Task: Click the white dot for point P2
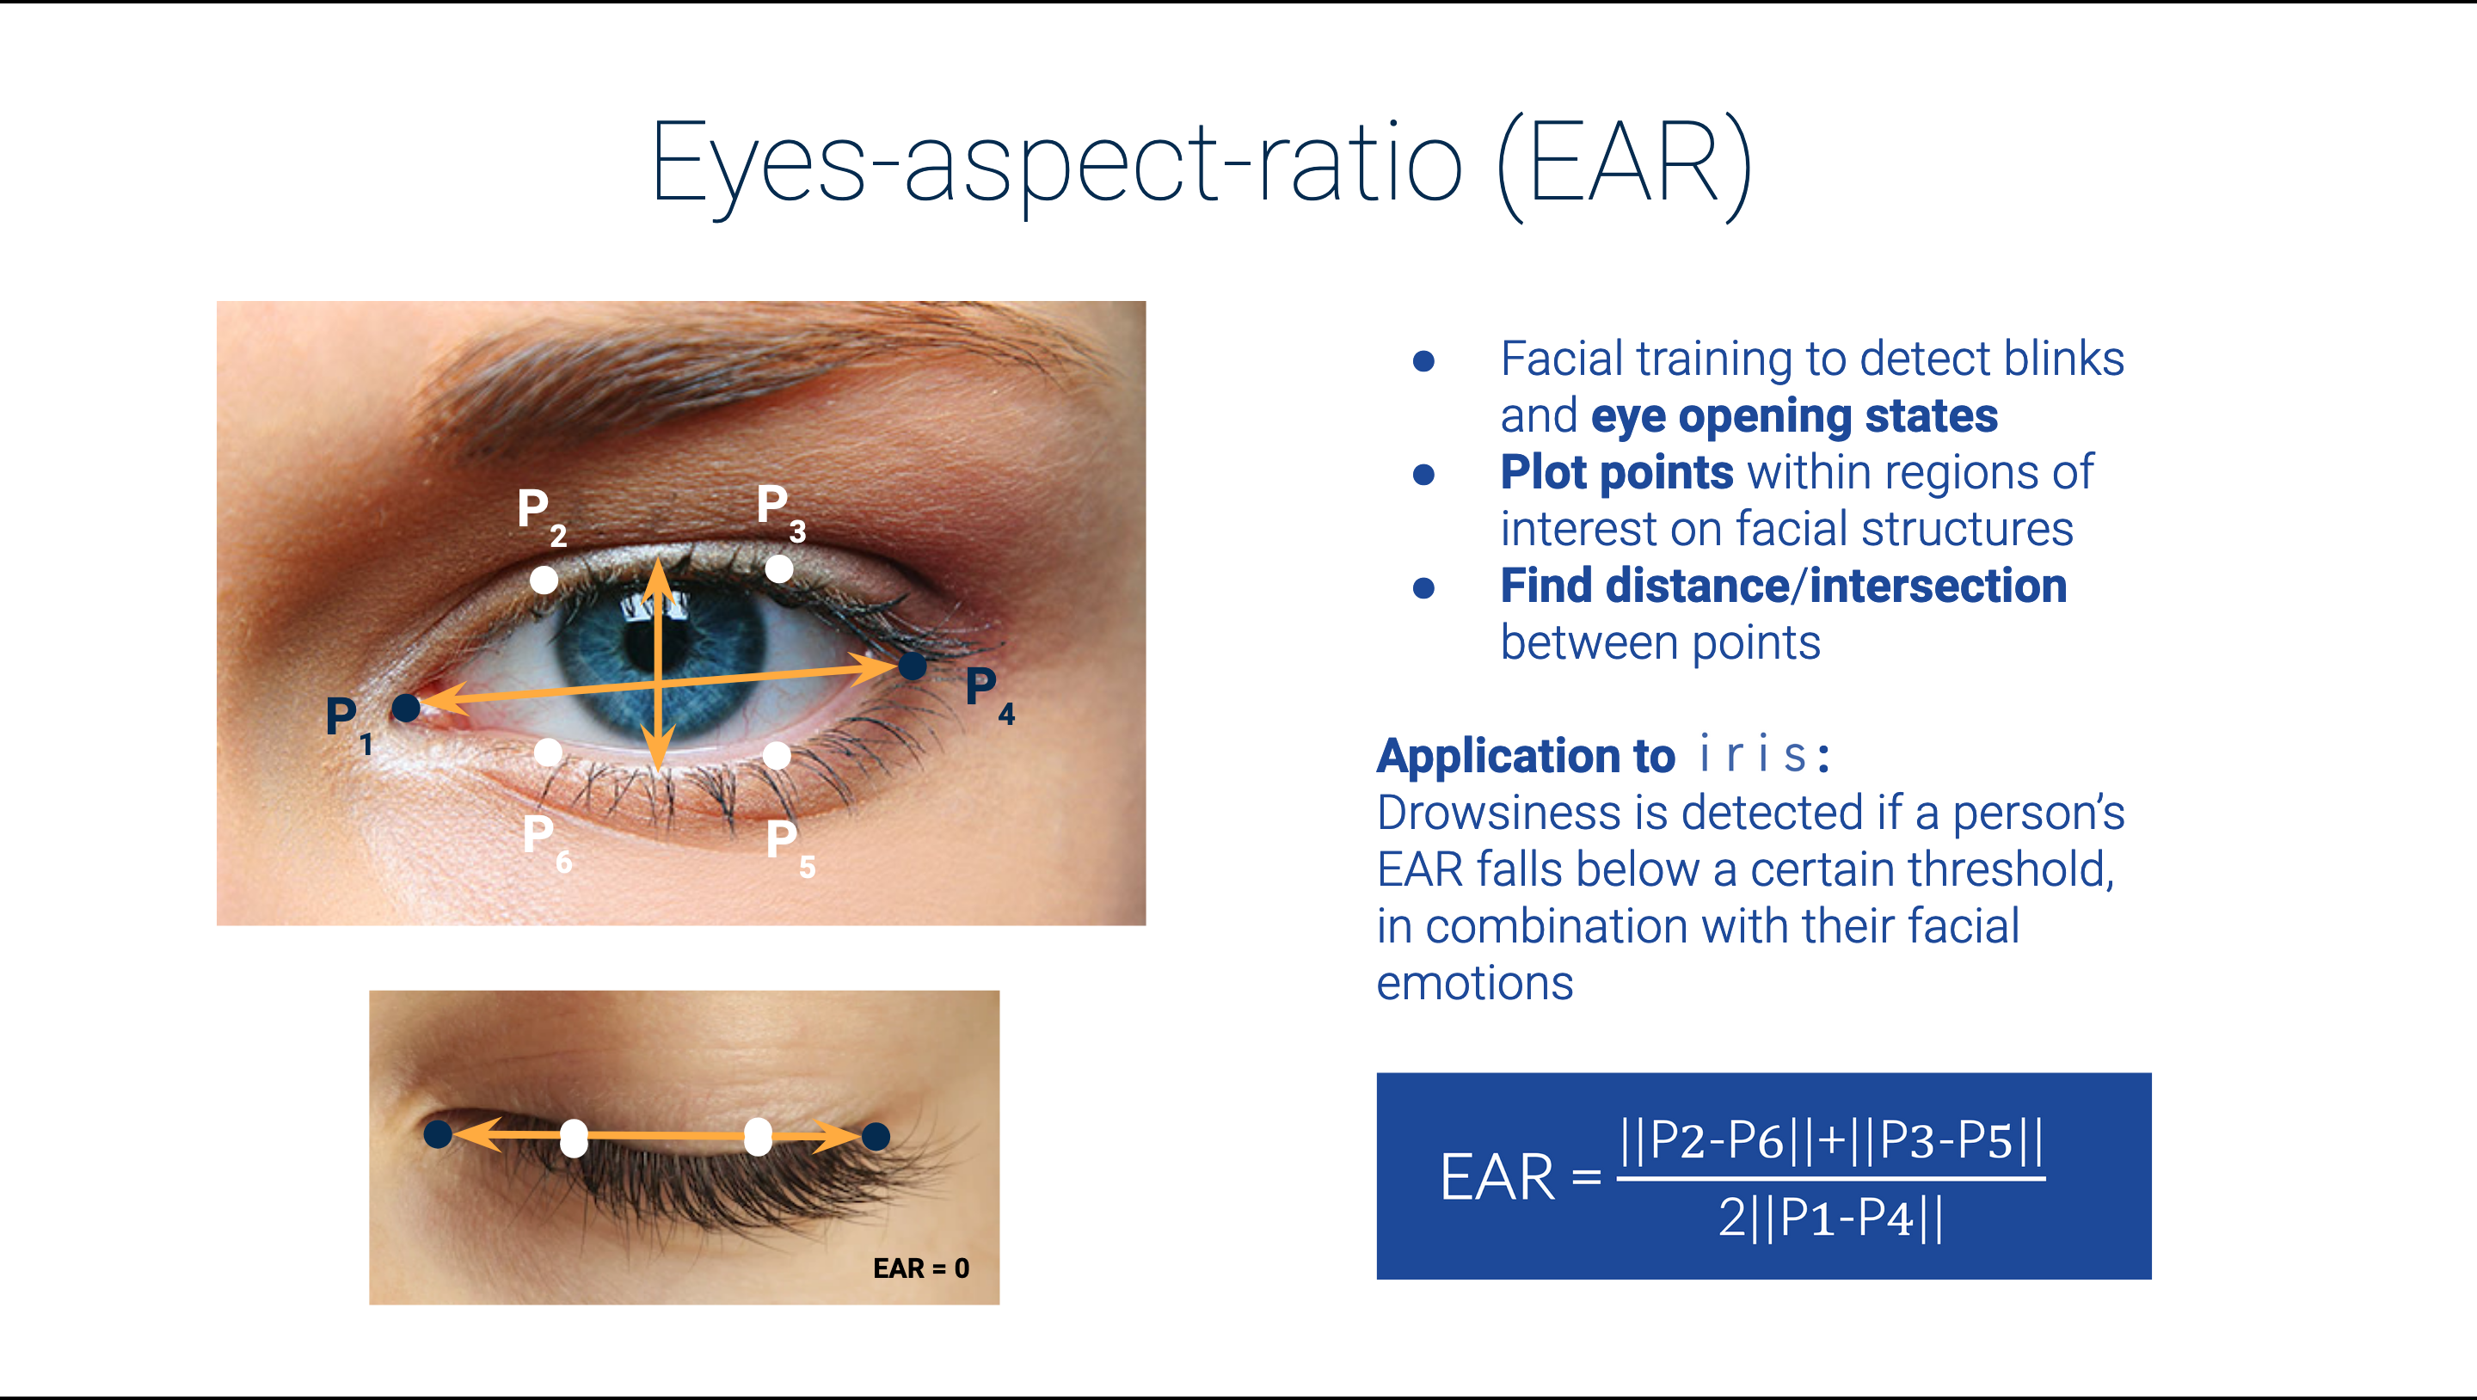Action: [544, 580]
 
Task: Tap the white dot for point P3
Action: [779, 569]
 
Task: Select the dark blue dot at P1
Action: [406, 709]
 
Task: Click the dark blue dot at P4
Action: [913, 666]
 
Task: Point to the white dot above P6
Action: [548, 752]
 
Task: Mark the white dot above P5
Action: [777, 756]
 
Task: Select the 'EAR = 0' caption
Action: [921, 1268]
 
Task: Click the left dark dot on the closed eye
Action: [439, 1133]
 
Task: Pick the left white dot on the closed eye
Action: [574, 1138]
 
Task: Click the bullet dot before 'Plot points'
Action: [1424, 474]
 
